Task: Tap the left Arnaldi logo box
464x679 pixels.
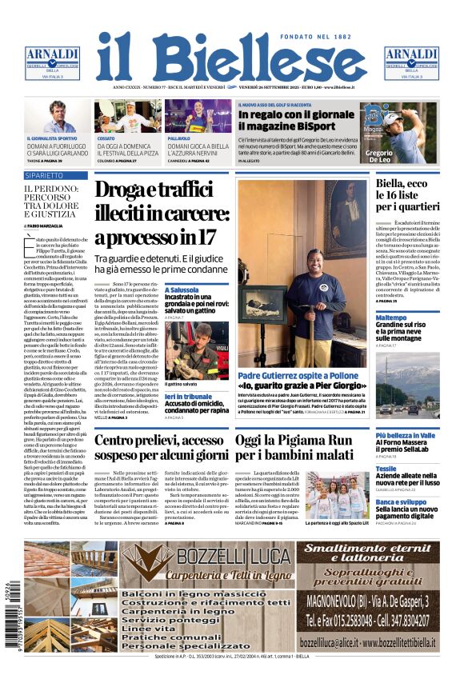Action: (x=52, y=63)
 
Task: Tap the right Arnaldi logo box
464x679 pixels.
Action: (x=411, y=63)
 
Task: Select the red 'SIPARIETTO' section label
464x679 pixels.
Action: (x=45, y=174)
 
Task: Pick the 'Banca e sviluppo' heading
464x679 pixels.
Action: (x=399, y=501)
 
